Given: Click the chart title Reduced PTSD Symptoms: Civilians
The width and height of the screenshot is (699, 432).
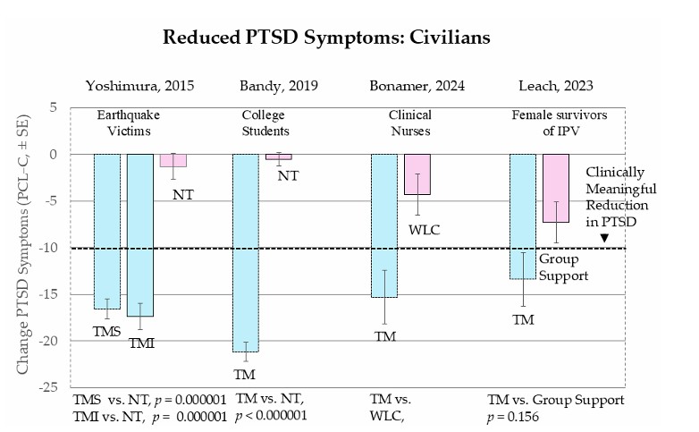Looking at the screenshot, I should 326,38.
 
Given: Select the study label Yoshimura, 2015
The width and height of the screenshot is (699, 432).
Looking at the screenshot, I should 139,86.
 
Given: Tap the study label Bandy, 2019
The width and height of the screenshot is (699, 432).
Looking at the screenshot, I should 278,86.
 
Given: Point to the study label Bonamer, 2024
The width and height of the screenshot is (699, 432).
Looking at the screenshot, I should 413,86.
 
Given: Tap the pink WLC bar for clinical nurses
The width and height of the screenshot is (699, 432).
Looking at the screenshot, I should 417,174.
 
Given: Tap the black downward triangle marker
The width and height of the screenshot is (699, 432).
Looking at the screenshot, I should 604,238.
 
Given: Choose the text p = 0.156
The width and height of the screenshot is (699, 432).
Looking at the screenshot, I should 518,416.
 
